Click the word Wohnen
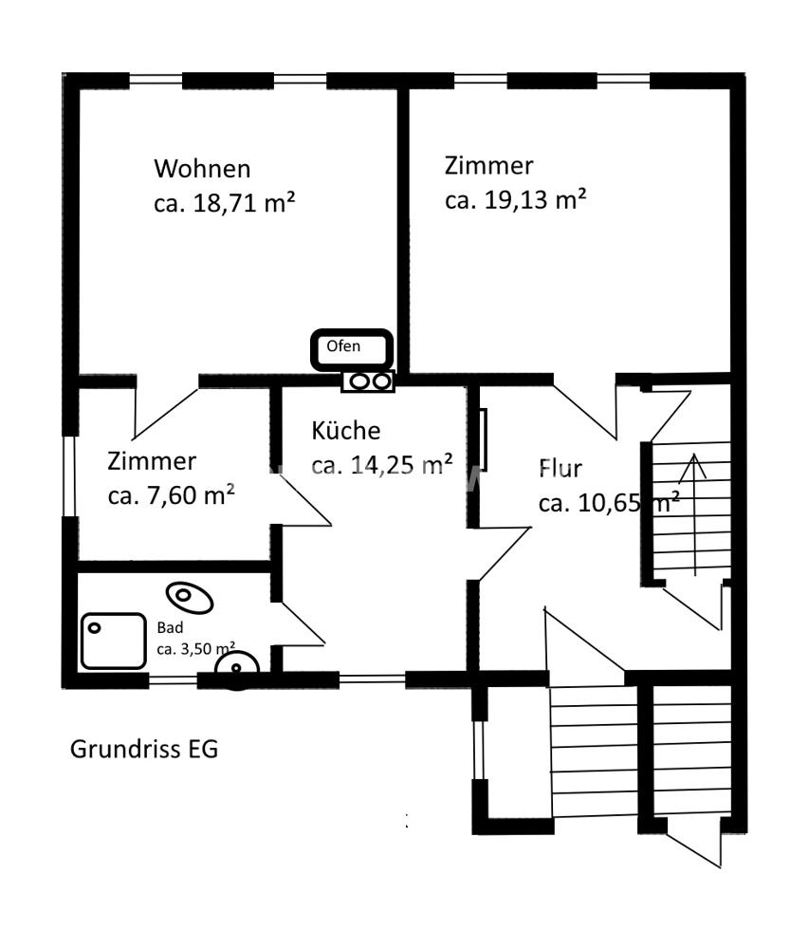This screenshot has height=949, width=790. [x=202, y=169]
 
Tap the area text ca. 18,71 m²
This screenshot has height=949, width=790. [x=225, y=203]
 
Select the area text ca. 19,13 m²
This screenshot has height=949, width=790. [x=515, y=199]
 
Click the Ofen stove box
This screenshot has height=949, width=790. [x=352, y=349]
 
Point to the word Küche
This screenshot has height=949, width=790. [x=346, y=430]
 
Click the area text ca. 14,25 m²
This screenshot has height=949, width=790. [x=381, y=465]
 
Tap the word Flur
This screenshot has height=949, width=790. [x=560, y=469]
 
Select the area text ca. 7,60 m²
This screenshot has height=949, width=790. [x=172, y=495]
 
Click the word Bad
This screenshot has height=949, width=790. [x=170, y=627]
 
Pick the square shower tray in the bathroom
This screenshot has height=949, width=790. [x=114, y=641]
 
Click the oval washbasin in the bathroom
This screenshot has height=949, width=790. [x=190, y=597]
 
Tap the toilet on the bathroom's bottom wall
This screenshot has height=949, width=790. [x=237, y=669]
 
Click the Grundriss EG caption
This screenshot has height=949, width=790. [x=144, y=750]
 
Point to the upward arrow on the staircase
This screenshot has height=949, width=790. [x=695, y=514]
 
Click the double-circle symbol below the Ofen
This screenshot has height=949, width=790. [x=368, y=381]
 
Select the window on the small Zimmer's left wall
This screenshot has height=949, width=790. [x=70, y=475]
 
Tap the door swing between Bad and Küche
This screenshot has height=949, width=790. [x=301, y=623]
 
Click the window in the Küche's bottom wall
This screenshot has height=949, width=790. [x=372, y=679]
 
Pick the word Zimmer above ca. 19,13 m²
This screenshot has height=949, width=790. [x=488, y=166]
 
